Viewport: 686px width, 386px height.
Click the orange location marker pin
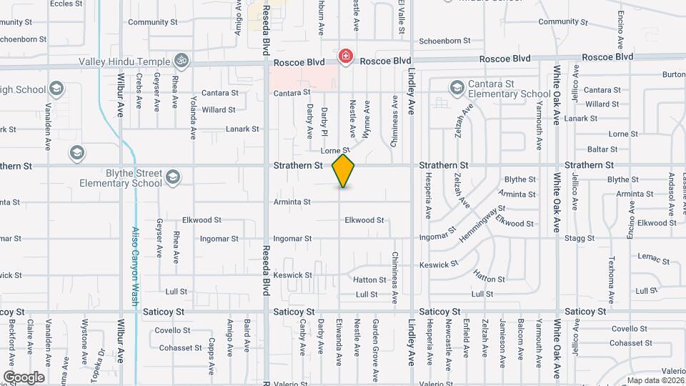tap(344, 170)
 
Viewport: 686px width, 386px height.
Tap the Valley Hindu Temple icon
tap(182, 61)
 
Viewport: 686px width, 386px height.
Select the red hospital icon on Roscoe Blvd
tap(346, 56)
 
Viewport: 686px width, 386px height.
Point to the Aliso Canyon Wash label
tap(136, 266)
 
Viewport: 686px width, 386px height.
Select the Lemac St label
tap(647, 256)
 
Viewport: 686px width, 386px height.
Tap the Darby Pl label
tap(324, 122)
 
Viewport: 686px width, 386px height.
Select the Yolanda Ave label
tap(193, 118)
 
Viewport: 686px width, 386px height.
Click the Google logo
tap(24, 377)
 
